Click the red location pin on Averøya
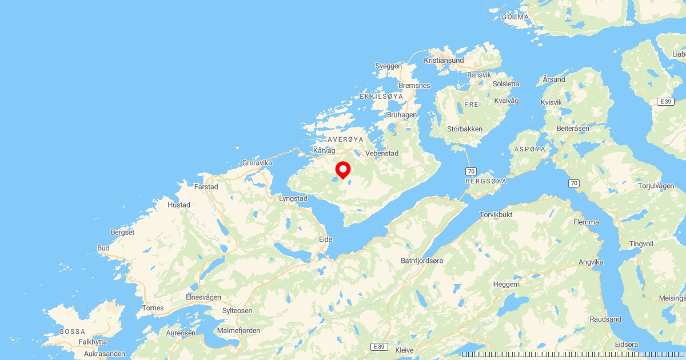(x=342, y=170)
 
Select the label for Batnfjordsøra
(x=422, y=261)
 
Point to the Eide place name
(x=325, y=239)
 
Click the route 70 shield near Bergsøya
(x=470, y=171)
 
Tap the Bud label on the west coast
(x=103, y=248)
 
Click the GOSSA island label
(x=72, y=331)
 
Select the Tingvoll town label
(x=641, y=244)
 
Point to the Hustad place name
(x=179, y=205)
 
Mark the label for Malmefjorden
(x=239, y=330)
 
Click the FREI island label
(x=473, y=105)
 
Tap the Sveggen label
(x=389, y=66)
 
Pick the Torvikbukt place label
(x=496, y=215)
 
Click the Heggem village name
(x=506, y=284)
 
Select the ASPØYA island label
(x=530, y=149)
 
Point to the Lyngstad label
(x=293, y=199)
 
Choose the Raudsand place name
(x=605, y=319)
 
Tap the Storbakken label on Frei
(x=465, y=129)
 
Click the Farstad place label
(x=206, y=186)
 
